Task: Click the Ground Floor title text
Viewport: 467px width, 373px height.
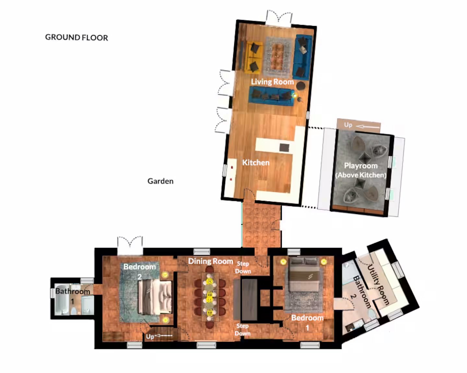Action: point(77,37)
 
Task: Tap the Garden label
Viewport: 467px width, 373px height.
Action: point(160,181)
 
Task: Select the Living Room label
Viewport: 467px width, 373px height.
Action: point(272,82)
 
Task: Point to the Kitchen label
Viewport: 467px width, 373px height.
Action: point(256,162)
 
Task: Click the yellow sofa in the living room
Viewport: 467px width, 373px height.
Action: point(254,57)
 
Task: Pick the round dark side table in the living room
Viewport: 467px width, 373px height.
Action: point(301,86)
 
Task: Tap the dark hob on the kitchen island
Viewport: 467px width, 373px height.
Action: point(284,148)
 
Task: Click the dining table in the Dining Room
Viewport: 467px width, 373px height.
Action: point(210,297)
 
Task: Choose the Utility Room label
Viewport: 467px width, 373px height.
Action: point(378,285)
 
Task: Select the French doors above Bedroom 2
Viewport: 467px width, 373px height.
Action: point(130,246)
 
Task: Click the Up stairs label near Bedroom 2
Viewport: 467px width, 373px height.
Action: point(150,337)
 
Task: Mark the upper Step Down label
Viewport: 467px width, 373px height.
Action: point(243,268)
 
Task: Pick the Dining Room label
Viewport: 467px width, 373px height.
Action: point(210,261)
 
